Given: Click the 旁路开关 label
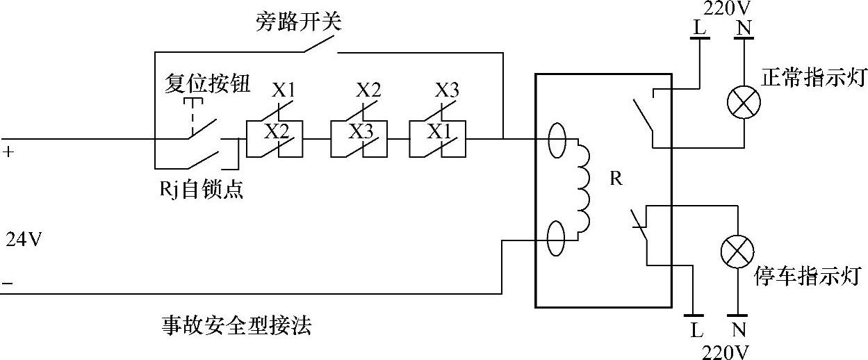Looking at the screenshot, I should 299,23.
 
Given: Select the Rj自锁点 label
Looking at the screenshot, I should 201,189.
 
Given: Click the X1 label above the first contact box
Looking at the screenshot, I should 284,90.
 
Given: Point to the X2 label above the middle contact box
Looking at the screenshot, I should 368,90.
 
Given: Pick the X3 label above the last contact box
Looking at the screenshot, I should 447,90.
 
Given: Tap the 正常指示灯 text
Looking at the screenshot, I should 812,78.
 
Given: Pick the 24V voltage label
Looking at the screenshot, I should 24,240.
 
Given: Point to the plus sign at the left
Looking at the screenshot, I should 8,151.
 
